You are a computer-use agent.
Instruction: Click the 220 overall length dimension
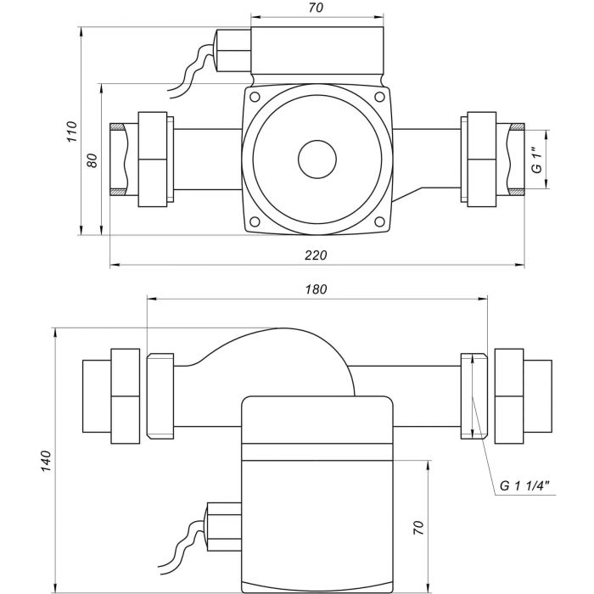[x=316, y=255]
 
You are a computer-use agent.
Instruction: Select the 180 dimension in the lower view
[x=315, y=289]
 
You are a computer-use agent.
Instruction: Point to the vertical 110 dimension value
[x=72, y=132]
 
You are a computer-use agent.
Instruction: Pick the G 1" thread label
[x=536, y=160]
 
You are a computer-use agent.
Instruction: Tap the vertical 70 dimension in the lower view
[x=417, y=527]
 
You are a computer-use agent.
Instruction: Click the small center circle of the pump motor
[x=316, y=160]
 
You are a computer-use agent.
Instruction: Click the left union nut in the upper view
[x=154, y=160]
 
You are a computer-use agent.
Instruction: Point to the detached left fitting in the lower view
[x=110, y=396]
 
